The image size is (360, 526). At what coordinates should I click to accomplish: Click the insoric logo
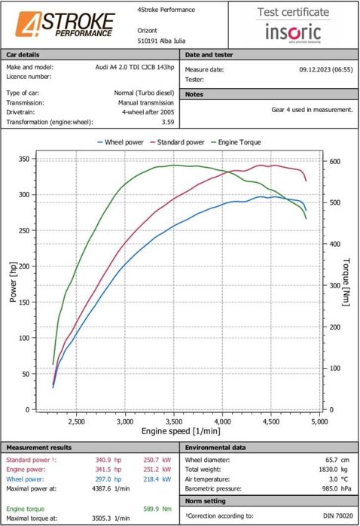pyautogui.click(x=294, y=32)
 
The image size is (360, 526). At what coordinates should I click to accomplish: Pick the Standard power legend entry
pyautogui.click(x=179, y=141)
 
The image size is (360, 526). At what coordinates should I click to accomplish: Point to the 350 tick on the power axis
pyautogui.click(x=24, y=159)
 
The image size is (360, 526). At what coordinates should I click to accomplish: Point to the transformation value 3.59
pyautogui.click(x=168, y=121)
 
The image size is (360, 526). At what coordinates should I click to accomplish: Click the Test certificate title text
pyautogui.click(x=294, y=12)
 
